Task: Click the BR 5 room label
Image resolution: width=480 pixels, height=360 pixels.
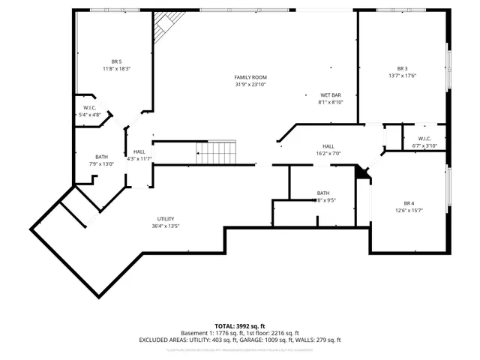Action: tap(116, 61)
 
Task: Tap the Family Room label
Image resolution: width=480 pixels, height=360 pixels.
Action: tap(250, 77)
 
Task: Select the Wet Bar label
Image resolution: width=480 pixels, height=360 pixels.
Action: tap(331, 95)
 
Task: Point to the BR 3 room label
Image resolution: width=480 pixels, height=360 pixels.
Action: tap(401, 68)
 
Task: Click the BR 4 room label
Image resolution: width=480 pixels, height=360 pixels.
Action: tap(409, 203)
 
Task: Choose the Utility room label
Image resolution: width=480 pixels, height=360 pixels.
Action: tap(166, 218)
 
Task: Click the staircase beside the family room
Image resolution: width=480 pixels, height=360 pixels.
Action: tap(216, 152)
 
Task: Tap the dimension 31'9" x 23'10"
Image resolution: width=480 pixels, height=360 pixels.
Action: tap(250, 85)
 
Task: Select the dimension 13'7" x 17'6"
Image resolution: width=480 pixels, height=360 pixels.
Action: tap(402, 76)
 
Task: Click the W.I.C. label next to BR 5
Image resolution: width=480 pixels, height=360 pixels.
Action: tap(89, 107)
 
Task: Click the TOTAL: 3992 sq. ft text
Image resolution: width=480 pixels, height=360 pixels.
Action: tap(240, 326)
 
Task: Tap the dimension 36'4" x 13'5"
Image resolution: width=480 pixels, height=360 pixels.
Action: tap(166, 226)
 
